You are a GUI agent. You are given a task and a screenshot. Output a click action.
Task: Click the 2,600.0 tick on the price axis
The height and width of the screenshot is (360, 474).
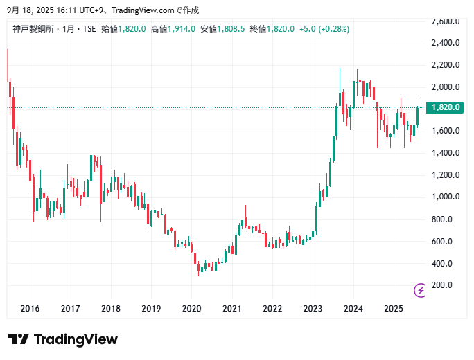point(446,21)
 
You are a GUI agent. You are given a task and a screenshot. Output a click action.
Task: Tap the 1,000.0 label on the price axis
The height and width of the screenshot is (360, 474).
point(446,197)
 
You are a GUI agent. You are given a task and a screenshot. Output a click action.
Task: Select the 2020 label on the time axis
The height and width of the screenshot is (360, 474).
point(191,308)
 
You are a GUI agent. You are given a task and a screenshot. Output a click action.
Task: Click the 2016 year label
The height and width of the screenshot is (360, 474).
point(29,308)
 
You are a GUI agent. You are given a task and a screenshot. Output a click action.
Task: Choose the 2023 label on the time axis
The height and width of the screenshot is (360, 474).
point(313,308)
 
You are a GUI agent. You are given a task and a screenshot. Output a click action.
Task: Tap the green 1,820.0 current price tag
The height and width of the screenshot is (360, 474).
point(446,107)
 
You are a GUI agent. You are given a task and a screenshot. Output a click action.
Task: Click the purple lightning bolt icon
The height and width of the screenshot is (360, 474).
point(420,290)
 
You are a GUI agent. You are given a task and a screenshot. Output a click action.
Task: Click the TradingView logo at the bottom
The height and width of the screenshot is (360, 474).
point(63,339)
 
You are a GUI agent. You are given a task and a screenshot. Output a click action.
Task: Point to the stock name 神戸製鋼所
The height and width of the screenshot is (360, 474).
point(33,29)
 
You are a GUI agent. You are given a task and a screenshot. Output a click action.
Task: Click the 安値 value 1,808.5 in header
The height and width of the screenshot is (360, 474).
point(232,29)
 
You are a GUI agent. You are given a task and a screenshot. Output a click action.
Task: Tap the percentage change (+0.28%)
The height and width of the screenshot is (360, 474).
point(334,29)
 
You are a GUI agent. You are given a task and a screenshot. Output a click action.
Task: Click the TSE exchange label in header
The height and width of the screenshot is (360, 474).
point(89,29)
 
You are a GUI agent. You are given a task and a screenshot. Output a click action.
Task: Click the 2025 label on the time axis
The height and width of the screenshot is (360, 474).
point(394,308)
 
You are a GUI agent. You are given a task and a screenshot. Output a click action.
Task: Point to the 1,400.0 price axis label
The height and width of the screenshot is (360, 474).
point(446,153)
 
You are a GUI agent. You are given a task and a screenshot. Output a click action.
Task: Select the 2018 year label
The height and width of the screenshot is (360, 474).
point(110,308)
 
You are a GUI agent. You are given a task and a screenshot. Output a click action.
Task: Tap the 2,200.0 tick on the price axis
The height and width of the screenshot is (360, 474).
point(446,65)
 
